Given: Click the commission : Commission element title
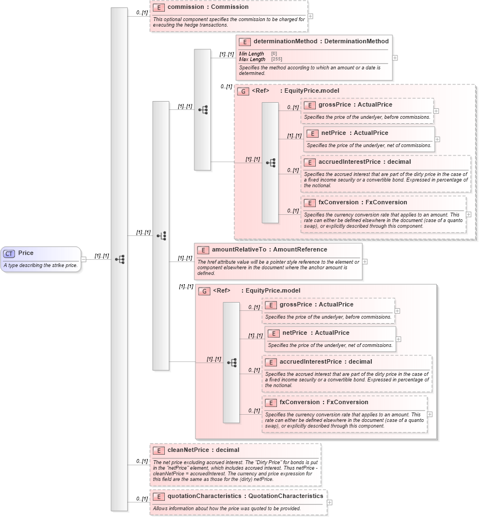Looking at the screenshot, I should coord(208,7).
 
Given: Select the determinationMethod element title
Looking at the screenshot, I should coord(321,41).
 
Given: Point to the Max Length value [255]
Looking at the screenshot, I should coord(274,59).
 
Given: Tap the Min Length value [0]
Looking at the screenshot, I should coord(274,53).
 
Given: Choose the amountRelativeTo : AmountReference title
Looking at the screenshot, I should coord(269,250).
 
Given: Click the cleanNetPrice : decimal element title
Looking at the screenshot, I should coord(203,450).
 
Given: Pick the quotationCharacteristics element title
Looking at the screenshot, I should coord(245,496).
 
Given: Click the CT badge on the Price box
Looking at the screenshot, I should coord(9,253).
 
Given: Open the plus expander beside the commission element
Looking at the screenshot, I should coord(310,16).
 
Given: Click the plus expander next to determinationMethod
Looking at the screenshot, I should coord(395,57).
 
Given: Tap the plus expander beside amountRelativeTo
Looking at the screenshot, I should coord(365,261).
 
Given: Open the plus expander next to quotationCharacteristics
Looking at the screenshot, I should coord(330,502).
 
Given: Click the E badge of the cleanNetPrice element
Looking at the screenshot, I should coord(158,450).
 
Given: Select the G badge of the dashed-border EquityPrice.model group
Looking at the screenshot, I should coord(243,91).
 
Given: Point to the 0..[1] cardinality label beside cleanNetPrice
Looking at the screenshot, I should coord(142,461).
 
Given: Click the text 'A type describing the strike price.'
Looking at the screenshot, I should coord(40,265).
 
